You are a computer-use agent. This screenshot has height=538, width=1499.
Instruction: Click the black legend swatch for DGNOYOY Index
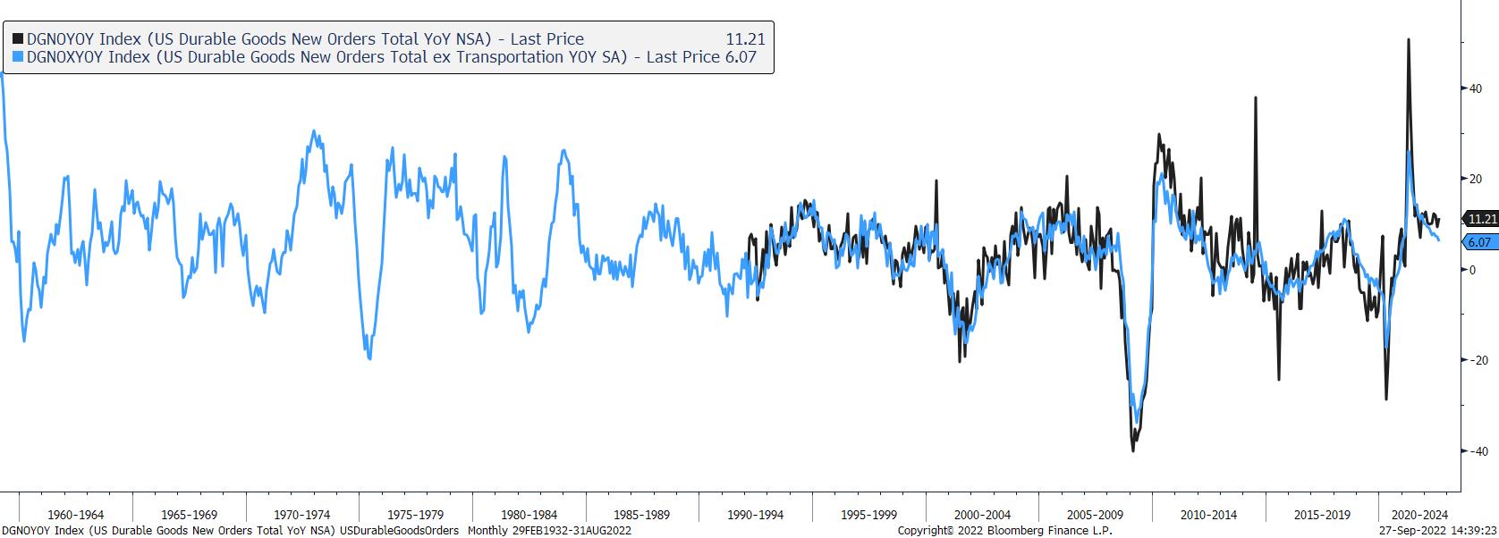point(18,39)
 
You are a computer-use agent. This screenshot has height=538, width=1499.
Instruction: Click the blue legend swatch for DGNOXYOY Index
point(18,57)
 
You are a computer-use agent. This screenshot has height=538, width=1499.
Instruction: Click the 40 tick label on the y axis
point(1478,88)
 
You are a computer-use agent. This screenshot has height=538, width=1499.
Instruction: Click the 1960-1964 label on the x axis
point(75,515)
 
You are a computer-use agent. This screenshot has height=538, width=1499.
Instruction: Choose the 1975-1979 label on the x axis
point(415,515)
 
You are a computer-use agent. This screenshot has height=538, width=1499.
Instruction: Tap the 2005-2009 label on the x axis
point(1095,515)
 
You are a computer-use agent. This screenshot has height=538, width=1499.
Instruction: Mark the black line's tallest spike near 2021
point(1409,40)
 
